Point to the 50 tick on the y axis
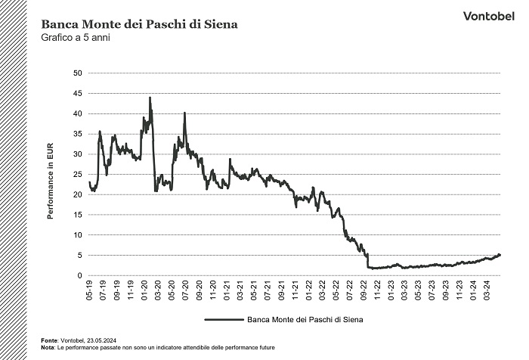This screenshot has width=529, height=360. click(76, 73)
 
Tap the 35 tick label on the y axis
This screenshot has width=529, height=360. click(76, 134)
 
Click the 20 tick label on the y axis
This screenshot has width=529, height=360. click(76, 194)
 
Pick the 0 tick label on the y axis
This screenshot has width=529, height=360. click(78, 275)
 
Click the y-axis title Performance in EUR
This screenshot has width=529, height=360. click(51, 174)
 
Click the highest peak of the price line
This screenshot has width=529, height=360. click(150, 98)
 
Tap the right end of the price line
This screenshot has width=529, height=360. click(500, 255)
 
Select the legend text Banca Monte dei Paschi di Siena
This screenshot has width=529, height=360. click(305, 320)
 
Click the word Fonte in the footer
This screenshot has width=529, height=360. click(51, 340)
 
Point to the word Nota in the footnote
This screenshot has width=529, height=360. click(49, 347)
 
